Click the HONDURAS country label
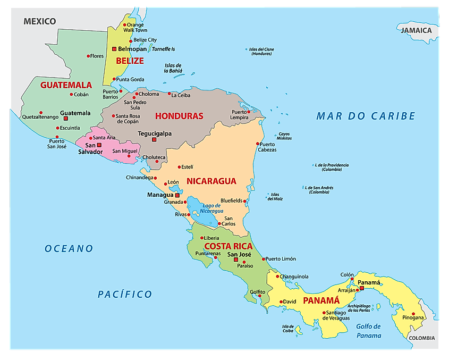179,115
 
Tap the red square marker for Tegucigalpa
155,140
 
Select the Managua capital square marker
177,195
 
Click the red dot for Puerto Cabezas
258,144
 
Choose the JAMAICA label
416,30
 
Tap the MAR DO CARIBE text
366,116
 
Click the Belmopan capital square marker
114,49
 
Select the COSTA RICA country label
228,246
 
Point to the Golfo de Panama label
368,331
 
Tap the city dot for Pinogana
413,313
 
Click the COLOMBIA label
422,338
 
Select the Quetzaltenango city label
40,117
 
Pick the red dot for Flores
88,56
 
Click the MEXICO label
39,21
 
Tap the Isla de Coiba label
288,329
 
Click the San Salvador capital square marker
99,145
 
